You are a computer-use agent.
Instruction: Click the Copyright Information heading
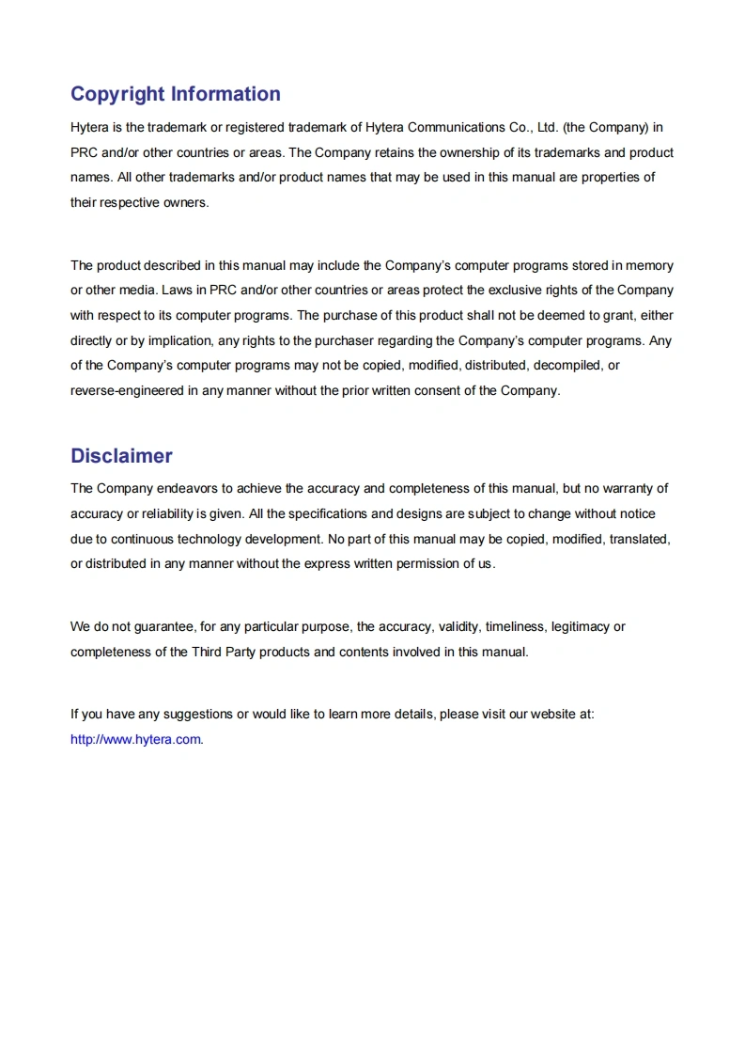point(175,94)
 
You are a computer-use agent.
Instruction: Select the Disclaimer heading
point(121,456)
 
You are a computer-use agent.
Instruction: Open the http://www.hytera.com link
point(135,739)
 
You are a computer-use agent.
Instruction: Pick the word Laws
point(177,290)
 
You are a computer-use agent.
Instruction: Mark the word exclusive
point(512,290)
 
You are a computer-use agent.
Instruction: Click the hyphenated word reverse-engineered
point(127,390)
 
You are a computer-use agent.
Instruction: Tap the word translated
point(638,539)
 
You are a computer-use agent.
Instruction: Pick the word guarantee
point(162,626)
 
